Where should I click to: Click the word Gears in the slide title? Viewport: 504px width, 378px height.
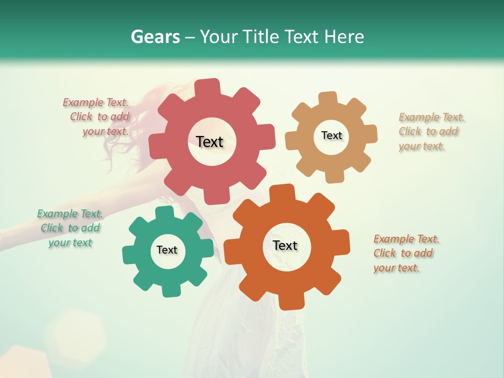154,37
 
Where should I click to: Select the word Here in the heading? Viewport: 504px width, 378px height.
344,37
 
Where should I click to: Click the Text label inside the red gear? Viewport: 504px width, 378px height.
209,142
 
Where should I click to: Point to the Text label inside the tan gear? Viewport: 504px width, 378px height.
331,135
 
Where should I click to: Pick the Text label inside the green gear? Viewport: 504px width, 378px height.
167,250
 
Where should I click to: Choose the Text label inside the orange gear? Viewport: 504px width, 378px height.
285,245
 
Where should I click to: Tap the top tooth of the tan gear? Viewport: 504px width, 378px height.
328,98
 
